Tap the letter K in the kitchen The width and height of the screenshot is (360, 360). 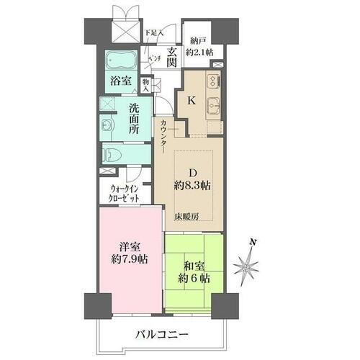click(x=192, y=102)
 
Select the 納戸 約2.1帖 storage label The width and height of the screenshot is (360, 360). click(x=198, y=45)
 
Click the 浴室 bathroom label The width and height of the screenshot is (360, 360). click(x=122, y=83)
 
